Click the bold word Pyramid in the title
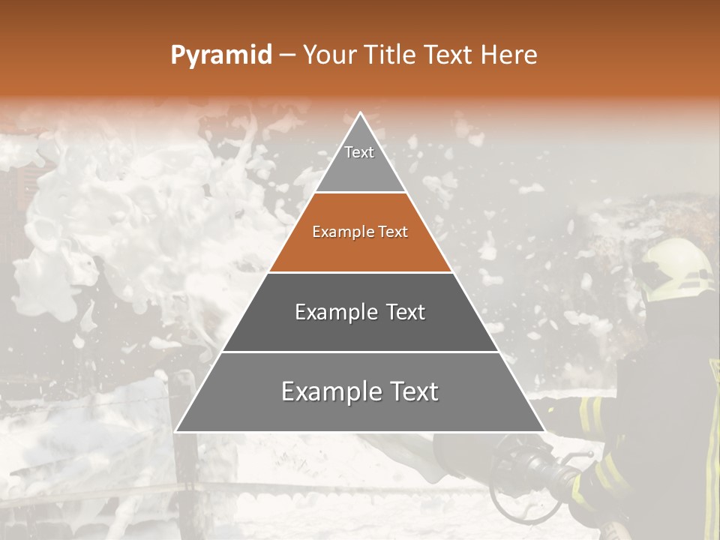click(221, 55)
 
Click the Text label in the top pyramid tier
click(359, 152)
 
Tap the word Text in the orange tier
click(394, 232)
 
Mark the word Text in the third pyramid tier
click(404, 312)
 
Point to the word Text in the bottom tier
click(412, 391)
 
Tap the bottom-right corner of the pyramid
click(544, 431)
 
